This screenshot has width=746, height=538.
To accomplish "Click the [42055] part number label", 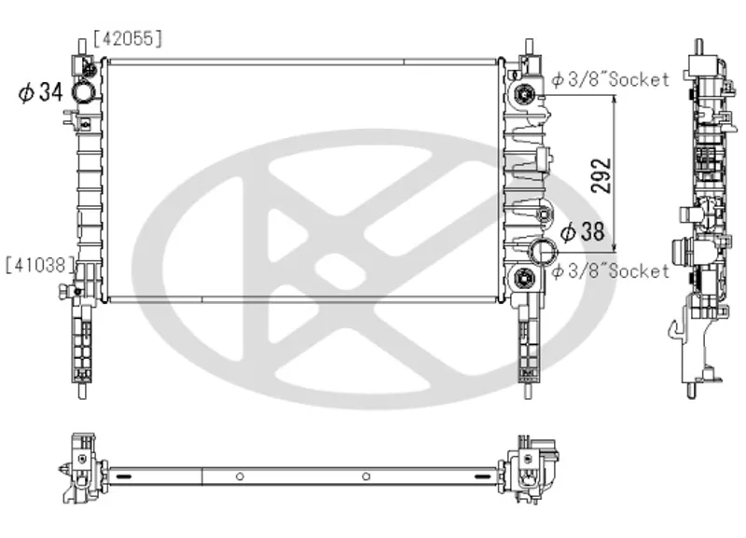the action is tap(128, 38).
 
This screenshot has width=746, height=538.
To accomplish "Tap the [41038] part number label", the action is tap(40, 265).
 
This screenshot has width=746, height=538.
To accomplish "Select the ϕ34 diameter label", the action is tap(40, 91).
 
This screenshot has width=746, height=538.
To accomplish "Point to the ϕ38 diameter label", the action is tap(582, 231).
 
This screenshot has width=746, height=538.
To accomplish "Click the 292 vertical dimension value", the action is tap(601, 175).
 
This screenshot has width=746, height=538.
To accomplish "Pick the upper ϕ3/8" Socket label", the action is tap(611, 79).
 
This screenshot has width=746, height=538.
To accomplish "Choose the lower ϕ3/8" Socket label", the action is tap(611, 271).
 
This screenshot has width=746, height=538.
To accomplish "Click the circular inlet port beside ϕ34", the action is tap(83, 91).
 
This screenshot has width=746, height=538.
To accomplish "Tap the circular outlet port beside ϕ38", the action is tap(543, 251).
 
